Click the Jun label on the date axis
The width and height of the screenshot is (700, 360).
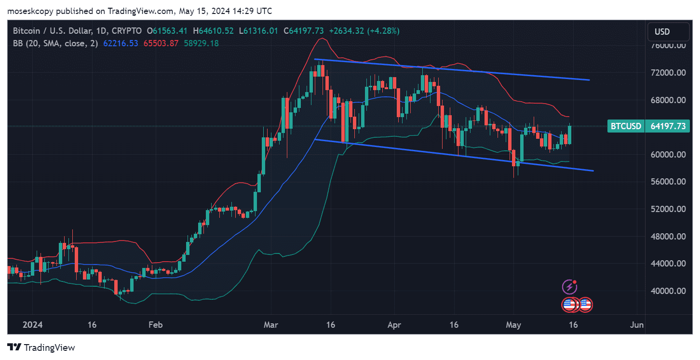click(x=637, y=325)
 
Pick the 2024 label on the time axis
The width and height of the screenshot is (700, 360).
click(x=32, y=325)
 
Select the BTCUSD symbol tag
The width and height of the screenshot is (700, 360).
click(x=626, y=126)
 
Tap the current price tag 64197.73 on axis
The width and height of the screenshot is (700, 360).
click(x=668, y=126)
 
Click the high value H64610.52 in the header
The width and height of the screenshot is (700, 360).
click(x=213, y=31)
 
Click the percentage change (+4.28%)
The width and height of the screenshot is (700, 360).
click(x=384, y=31)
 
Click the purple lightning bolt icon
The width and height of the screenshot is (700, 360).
click(x=570, y=288)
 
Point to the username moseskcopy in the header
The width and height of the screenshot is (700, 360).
click(x=31, y=11)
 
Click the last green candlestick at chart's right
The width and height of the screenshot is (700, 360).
click(x=570, y=135)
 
